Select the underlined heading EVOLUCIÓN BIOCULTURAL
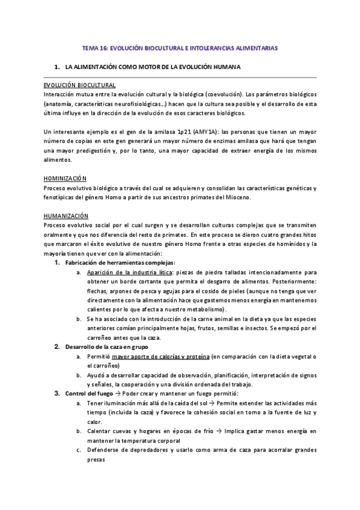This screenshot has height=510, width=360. pos(79,85)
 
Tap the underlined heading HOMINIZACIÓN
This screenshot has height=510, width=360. pos(65,179)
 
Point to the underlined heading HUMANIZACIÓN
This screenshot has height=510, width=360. pos(66,216)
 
